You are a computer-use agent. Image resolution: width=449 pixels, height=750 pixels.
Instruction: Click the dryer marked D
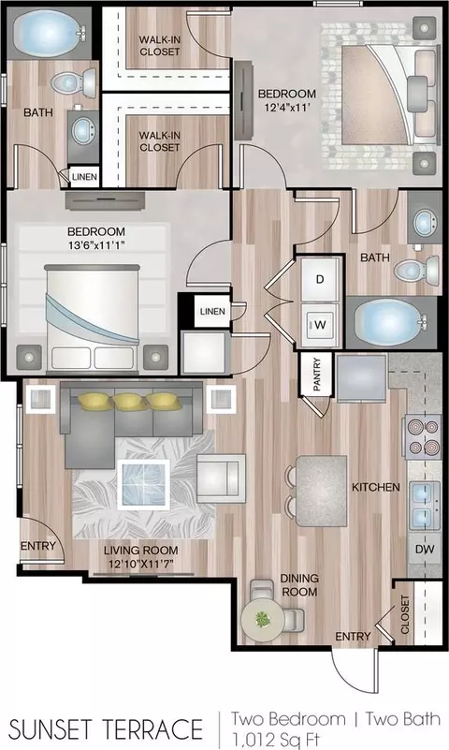[320, 279]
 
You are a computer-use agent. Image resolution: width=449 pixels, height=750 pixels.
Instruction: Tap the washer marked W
[320, 324]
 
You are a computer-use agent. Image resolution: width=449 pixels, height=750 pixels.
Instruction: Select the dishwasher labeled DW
[424, 549]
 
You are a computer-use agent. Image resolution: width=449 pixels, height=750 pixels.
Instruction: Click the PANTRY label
[316, 375]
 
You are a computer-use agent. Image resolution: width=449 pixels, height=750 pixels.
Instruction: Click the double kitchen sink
[424, 506]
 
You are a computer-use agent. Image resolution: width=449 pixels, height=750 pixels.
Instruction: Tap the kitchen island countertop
[322, 491]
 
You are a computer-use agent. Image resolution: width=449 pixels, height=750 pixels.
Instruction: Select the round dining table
[263, 620]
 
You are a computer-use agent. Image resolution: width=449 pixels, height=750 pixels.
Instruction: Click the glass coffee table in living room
[144, 485]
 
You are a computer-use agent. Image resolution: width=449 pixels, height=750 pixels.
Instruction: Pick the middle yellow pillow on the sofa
[130, 402]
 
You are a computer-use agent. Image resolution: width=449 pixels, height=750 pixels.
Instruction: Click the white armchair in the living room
[221, 478]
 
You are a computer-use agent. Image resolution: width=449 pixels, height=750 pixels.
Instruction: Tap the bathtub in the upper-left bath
[49, 33]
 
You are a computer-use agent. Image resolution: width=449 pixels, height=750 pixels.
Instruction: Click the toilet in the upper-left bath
[74, 82]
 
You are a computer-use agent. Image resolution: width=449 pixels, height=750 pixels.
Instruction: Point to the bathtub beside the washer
[391, 322]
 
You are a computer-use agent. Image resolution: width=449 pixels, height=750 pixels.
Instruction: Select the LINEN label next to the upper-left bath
[84, 177]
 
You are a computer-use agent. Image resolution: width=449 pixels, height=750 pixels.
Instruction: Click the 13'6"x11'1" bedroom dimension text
[96, 246]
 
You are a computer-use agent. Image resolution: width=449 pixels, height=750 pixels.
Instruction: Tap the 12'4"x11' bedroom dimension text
[287, 108]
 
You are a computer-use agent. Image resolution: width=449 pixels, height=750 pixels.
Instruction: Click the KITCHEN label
[376, 487]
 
